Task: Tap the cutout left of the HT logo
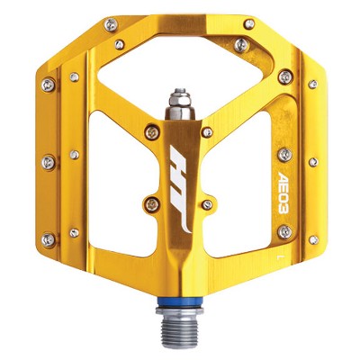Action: click(x=108, y=180)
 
